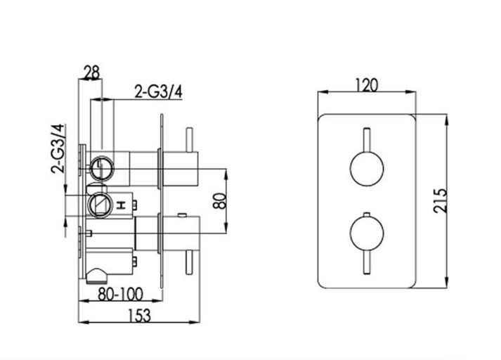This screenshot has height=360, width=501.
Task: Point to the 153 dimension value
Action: [140, 316]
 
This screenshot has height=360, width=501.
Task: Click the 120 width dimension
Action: [367, 85]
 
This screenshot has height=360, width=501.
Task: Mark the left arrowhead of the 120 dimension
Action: [319, 93]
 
